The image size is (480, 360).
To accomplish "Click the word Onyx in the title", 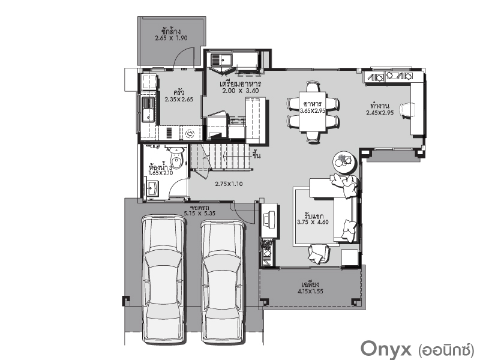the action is [386, 348].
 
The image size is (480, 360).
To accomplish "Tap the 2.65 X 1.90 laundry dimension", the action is [171, 38].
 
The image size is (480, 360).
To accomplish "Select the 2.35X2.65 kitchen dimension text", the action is [179, 99].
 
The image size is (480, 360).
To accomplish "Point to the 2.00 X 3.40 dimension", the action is [241, 91].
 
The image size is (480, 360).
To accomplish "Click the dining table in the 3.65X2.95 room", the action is [313, 111].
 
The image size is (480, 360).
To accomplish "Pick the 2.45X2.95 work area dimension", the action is [380, 113].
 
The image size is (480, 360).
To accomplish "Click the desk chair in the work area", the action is [408, 110].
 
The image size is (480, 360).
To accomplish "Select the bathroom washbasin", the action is [152, 188].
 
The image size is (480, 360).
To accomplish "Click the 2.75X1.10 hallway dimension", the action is [229, 184].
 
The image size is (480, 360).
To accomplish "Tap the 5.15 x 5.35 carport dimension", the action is [200, 214].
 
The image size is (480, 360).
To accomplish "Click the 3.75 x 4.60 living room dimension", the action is [313, 222].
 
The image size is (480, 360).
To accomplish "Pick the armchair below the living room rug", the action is [319, 253].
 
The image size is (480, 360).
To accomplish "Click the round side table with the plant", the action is [344, 162].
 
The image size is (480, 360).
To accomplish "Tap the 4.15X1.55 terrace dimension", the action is [310, 292].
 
